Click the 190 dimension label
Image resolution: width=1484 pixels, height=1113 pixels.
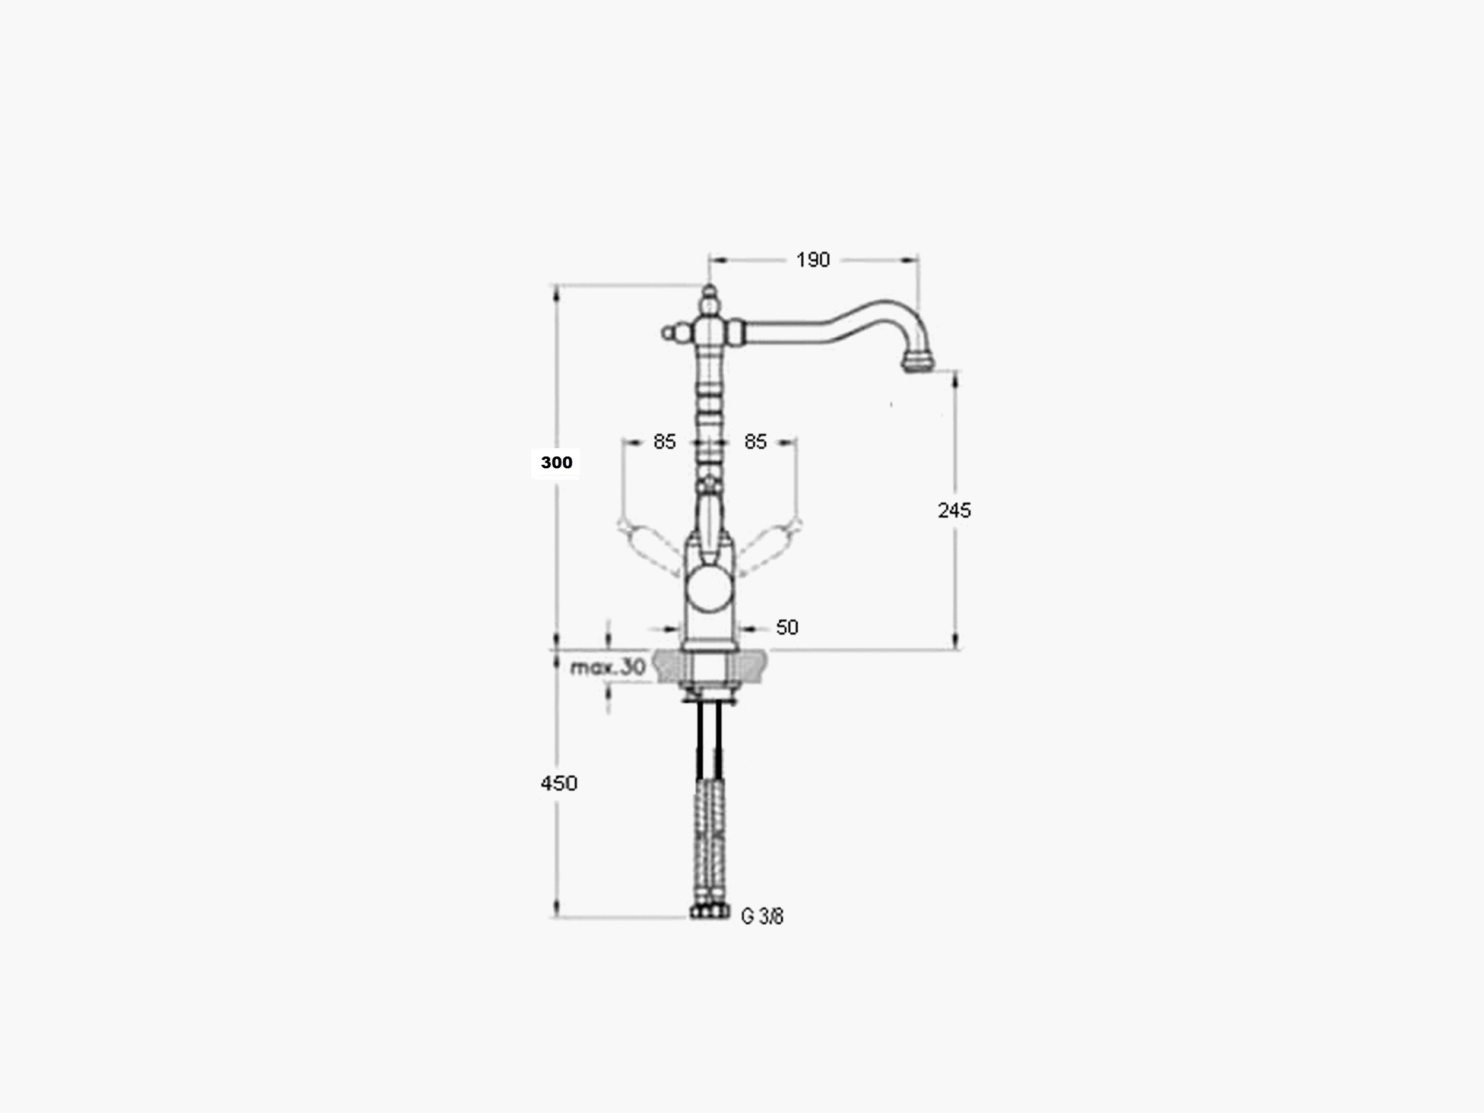(813, 259)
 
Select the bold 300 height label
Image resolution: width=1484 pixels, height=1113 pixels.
(556, 462)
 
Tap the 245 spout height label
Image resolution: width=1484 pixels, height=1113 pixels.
(954, 510)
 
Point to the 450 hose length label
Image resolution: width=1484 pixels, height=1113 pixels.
(559, 783)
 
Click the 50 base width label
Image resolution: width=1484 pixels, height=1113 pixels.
(787, 627)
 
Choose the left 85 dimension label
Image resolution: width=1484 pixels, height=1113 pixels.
(664, 442)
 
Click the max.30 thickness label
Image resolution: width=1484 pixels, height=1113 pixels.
(608, 667)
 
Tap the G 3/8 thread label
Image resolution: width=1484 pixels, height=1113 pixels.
(762, 916)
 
